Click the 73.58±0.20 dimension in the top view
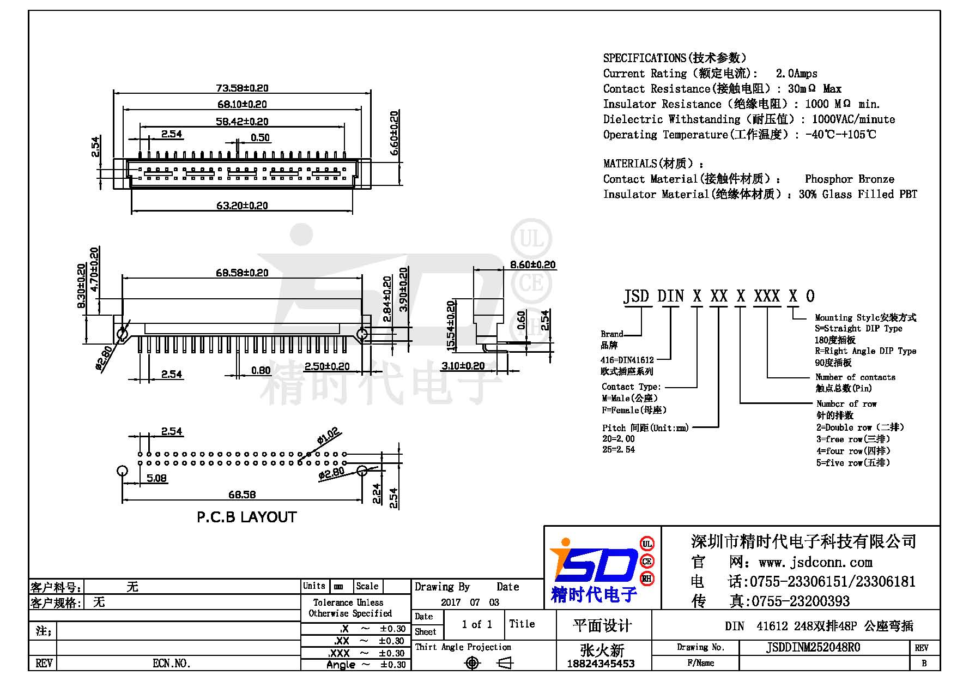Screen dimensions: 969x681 click(242, 88)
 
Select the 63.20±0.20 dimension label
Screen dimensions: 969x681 click(242, 206)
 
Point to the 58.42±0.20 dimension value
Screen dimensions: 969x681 click(242, 121)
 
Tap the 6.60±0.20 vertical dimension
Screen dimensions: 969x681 click(394, 133)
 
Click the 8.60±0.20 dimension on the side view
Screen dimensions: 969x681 click(532, 264)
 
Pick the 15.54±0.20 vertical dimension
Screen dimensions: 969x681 click(451, 326)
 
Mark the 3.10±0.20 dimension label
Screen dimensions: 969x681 click(463, 366)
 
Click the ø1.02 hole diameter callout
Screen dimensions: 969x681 click(328, 436)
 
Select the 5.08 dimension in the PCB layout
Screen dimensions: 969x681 click(156, 478)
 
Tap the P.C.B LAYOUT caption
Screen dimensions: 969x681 click(246, 517)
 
